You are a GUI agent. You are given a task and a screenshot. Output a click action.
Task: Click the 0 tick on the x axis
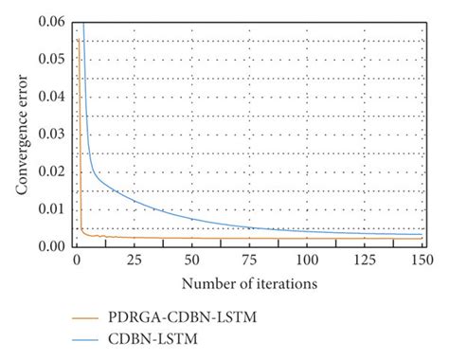76,259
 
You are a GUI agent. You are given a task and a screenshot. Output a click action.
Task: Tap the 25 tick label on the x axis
134,259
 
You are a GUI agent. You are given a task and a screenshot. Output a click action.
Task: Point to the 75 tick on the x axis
250,259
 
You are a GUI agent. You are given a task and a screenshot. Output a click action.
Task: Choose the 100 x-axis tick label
308,259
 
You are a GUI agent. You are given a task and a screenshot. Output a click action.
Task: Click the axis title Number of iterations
249,282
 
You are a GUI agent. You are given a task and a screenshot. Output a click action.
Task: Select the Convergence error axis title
21,134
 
